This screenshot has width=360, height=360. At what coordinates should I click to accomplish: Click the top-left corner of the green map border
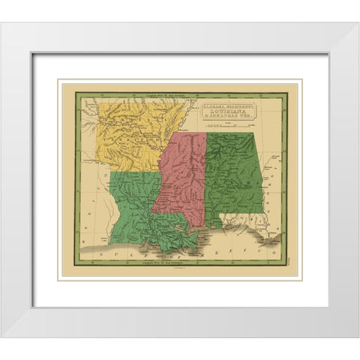tap(73, 93)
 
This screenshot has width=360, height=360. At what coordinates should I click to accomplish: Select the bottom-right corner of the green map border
tap(287, 267)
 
